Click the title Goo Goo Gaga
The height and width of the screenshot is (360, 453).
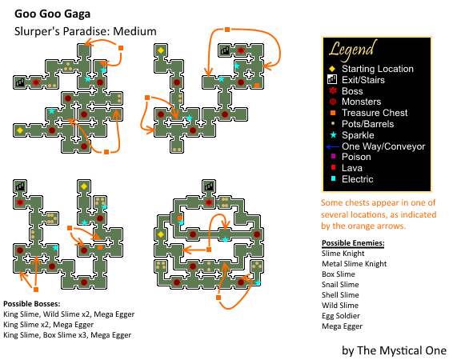point(52,14)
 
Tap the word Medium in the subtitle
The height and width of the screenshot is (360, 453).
point(134,31)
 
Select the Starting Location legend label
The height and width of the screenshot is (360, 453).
point(378,69)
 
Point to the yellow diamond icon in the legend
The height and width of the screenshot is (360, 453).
point(332,69)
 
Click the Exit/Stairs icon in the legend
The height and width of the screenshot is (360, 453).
point(332,79)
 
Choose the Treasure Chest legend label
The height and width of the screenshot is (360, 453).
point(375,113)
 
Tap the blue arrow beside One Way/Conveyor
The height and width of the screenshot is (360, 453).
point(332,147)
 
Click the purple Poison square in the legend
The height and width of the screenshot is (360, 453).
point(333,156)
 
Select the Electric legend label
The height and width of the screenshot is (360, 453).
point(358,179)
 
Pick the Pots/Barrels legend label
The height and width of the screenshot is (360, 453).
point(368,124)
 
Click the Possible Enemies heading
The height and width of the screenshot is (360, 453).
point(353,243)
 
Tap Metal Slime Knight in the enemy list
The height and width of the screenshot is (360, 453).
point(355,264)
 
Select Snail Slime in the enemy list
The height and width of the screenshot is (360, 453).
point(340,285)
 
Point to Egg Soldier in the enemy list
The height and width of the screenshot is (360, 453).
point(341,316)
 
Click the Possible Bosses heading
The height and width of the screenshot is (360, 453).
point(32,304)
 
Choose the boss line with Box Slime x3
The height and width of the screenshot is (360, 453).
point(67,335)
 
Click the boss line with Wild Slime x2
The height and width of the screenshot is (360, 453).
point(69,314)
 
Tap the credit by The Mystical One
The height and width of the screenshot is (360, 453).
point(394,350)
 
